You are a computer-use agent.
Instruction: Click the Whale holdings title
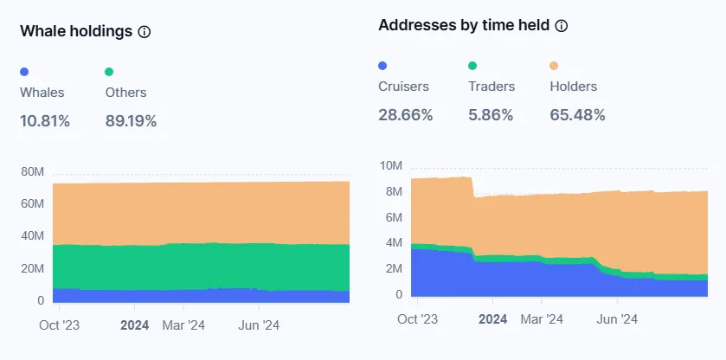[76, 31]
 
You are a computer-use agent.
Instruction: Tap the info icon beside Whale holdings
[145, 32]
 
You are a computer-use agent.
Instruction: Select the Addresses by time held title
[463, 25]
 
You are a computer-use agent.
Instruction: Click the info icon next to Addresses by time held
[562, 26]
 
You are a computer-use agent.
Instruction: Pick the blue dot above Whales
[24, 72]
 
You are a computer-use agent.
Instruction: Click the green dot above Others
[109, 72]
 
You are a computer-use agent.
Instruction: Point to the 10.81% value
[45, 121]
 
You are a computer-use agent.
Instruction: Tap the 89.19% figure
[131, 121]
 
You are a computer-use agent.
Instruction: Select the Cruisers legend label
[403, 87]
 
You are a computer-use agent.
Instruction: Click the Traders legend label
[491, 87]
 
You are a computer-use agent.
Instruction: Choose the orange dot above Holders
[554, 66]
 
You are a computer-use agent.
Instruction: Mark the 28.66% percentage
[405, 115]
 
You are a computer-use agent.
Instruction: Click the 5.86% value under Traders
[491, 115]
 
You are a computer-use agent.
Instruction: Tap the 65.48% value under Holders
[577, 115]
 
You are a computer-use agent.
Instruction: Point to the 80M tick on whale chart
[32, 171]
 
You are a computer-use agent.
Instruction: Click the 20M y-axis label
[32, 269]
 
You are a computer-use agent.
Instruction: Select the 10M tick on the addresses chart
[391, 165]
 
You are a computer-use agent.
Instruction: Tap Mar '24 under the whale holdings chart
[183, 326]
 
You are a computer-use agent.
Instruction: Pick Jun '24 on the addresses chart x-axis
[617, 319]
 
